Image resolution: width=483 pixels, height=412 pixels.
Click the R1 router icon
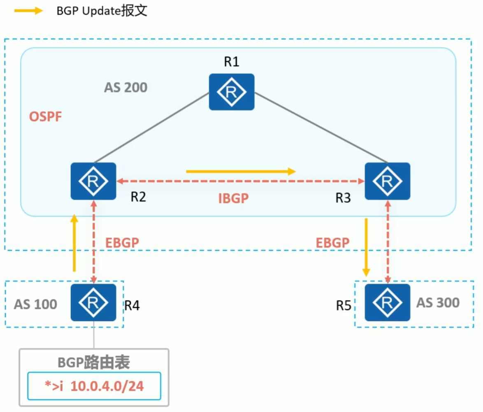231,92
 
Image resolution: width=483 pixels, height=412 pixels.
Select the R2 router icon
93,181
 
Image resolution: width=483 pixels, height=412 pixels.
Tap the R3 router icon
387,181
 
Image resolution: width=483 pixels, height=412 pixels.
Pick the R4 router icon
93,303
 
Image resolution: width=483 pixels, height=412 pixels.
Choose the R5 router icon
387,303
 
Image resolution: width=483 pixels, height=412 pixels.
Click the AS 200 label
125,87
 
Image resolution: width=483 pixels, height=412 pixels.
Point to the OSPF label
45,117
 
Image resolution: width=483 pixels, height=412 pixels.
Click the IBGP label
234,198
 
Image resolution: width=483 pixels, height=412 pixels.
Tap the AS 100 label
35,304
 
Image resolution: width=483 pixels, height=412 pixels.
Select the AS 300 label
438,303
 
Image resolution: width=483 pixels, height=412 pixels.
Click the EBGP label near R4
122,242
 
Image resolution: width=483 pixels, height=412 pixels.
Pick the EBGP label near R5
332,242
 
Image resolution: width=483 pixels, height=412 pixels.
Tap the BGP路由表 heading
94,362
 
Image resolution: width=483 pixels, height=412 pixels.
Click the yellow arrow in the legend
29,11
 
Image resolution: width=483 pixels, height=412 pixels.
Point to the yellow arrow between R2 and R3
241,171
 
